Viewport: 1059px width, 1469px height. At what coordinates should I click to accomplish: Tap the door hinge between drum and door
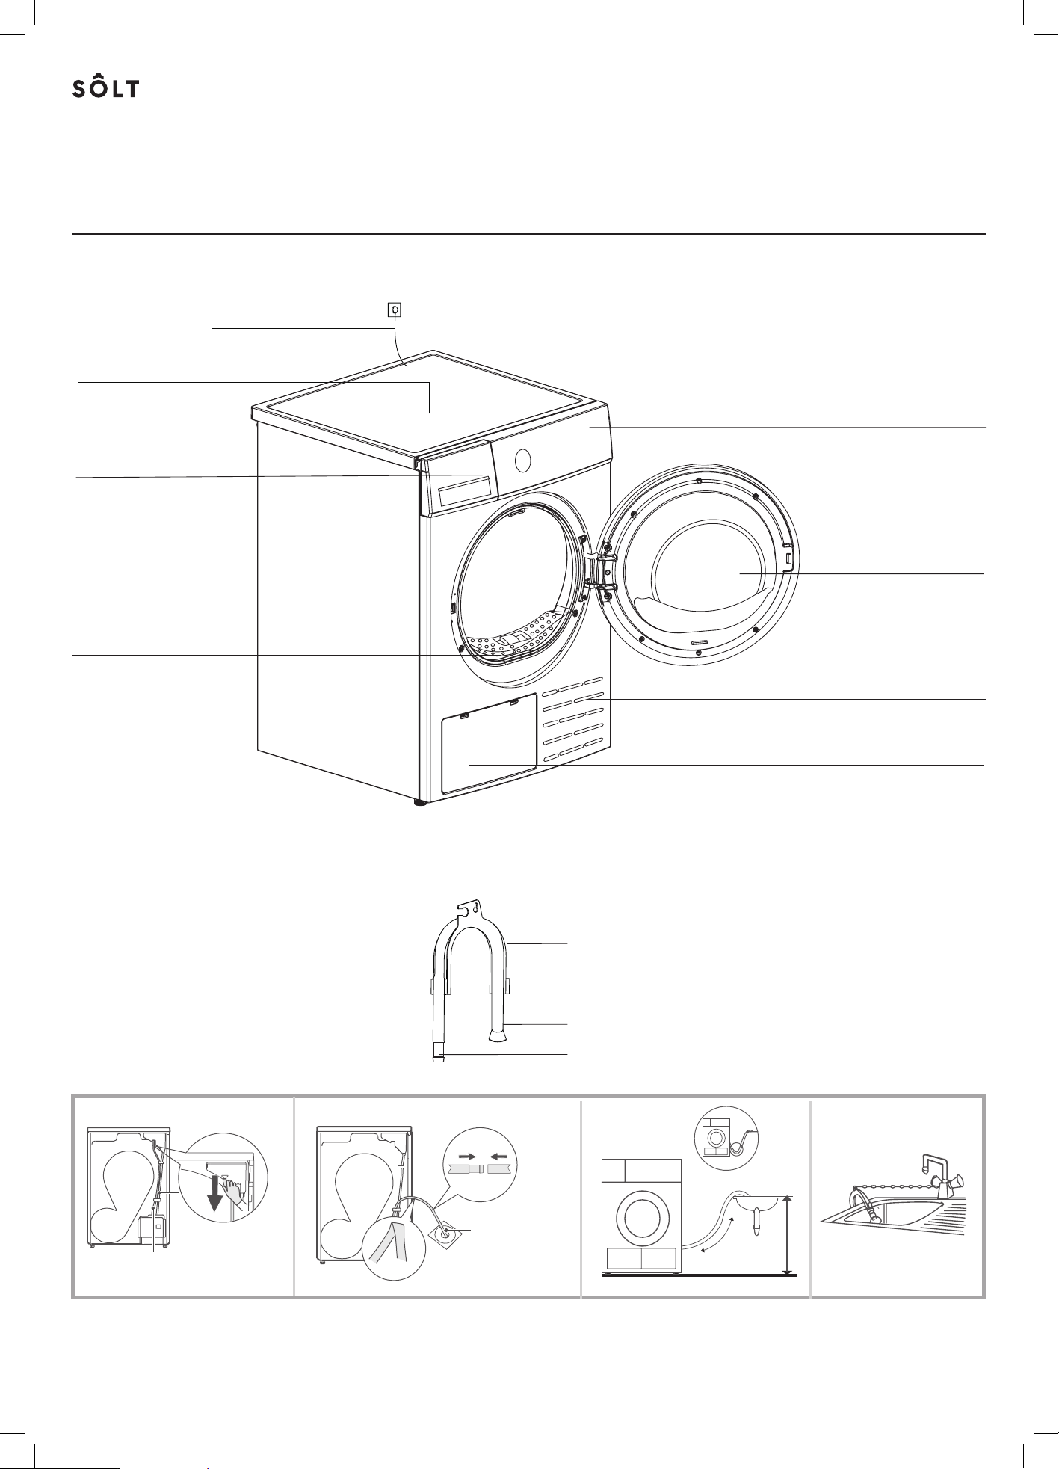click(x=595, y=572)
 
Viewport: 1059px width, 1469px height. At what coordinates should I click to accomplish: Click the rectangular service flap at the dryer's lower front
click(x=490, y=743)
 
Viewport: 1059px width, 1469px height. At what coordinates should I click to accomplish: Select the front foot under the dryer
click(x=419, y=804)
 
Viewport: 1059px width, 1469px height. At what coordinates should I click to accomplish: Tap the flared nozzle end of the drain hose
click(x=497, y=1035)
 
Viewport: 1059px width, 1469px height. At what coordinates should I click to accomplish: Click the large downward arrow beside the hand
click(x=216, y=1192)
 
